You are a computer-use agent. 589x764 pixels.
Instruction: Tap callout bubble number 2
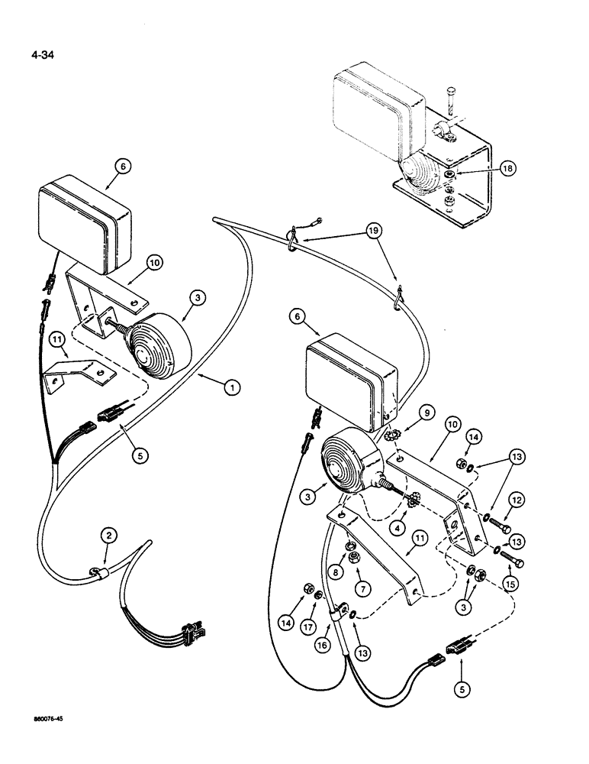(108, 537)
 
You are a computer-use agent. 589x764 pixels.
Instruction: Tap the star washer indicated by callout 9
(398, 435)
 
